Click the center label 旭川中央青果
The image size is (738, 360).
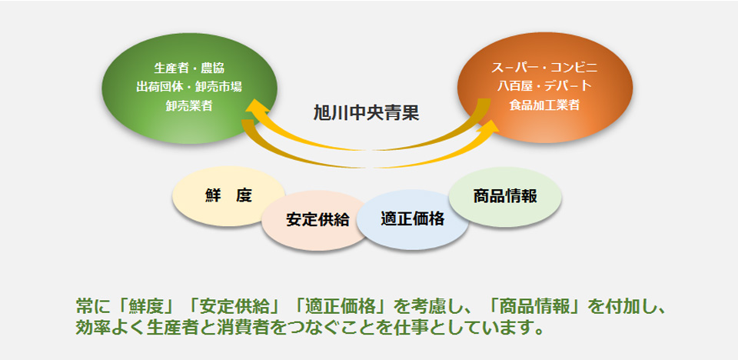pos(366,114)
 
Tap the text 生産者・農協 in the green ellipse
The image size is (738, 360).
pos(189,68)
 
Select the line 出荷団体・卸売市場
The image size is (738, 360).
pos(189,87)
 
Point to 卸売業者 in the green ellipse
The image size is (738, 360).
pos(189,106)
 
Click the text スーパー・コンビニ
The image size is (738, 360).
pos(544,68)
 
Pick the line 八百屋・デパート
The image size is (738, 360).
pos(544,86)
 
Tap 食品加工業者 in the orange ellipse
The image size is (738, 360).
pos(544,105)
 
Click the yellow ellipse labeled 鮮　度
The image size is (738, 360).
pos(229,196)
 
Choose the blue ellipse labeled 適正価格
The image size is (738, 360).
pos(413,219)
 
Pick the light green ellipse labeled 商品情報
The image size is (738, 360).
pos(505,197)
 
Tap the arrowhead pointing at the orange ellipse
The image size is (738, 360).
pos(489,128)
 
